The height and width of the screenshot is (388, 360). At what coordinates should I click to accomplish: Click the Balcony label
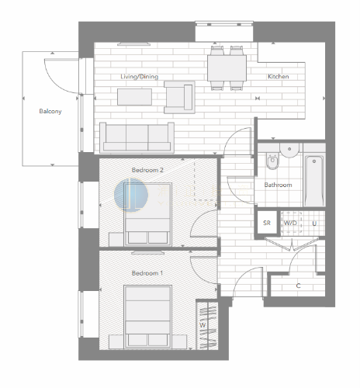[x=50, y=111]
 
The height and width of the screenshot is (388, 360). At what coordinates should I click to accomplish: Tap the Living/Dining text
[x=140, y=77]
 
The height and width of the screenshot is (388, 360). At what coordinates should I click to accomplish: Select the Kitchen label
[x=279, y=77]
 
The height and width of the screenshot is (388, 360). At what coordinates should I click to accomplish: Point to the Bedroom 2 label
[x=147, y=170]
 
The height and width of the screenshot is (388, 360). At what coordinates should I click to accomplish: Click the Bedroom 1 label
[x=147, y=273]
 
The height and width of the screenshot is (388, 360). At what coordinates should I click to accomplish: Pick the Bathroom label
[x=278, y=185]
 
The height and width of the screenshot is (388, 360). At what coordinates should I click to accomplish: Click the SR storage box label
[x=267, y=223]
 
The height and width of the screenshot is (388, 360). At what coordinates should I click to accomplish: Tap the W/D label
[x=290, y=223]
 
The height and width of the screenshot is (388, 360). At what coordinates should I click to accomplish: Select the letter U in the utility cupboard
[x=314, y=223]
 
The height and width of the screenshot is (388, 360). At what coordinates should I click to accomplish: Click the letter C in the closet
[x=298, y=286]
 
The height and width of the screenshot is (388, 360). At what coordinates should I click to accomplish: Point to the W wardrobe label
[x=202, y=325]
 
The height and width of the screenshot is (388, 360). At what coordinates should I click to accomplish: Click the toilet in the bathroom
[x=272, y=161]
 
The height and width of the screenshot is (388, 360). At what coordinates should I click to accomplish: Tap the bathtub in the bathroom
[x=314, y=181]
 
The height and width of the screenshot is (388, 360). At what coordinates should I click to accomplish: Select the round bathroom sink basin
[x=289, y=151]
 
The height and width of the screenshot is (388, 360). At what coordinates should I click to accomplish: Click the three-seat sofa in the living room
[x=137, y=137]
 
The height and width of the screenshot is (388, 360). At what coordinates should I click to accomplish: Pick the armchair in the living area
[x=179, y=97]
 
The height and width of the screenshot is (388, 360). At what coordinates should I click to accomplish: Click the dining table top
[x=227, y=68]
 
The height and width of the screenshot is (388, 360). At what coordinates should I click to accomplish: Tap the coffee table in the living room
[x=134, y=97]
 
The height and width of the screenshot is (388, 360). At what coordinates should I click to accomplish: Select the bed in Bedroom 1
[x=148, y=317]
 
